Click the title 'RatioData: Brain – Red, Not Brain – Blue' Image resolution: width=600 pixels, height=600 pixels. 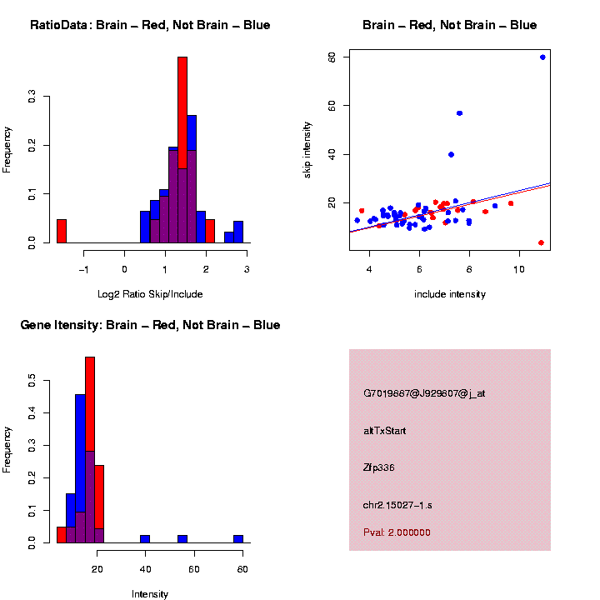point(150,25)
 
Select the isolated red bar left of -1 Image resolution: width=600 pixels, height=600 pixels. point(62,231)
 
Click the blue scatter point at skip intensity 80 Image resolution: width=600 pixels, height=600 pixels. point(542,57)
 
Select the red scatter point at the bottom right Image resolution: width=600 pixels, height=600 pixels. point(541,242)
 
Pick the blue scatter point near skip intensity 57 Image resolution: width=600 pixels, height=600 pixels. point(459,113)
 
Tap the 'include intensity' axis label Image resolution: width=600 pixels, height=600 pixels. point(450,294)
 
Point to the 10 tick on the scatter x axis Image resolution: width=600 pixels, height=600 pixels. point(519,269)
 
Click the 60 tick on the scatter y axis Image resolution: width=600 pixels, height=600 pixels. point(332,105)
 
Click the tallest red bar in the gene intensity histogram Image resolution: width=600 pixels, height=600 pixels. point(90,450)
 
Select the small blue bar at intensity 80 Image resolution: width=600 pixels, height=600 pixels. point(238,538)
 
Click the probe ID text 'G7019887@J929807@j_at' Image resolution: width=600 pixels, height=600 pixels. point(424,393)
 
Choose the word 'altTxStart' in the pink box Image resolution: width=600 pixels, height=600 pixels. point(385,431)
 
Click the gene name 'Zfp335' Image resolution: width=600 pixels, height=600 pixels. point(379,467)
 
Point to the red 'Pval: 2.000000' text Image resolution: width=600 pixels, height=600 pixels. point(397,532)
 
